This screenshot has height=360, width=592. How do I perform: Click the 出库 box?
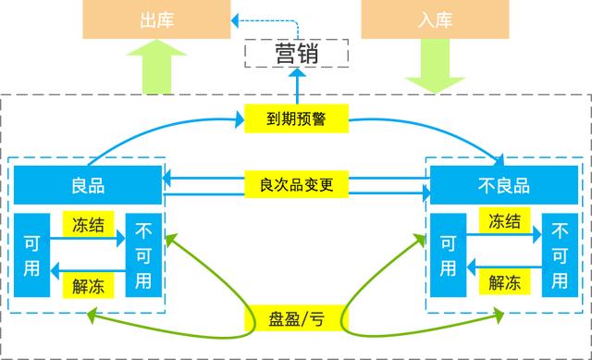[156, 19]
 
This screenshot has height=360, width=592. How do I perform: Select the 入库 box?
[434, 19]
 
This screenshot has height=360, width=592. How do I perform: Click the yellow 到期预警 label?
[297, 119]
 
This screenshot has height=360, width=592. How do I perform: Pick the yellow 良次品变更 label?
[297, 184]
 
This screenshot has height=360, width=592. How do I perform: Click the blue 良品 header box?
[88, 185]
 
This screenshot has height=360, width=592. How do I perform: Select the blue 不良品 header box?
[503, 185]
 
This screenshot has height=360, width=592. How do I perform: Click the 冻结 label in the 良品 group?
[88, 223]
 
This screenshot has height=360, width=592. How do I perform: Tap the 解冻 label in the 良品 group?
[88, 286]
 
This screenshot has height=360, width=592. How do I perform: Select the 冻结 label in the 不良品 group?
[503, 223]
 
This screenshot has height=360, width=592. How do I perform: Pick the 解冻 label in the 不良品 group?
[503, 286]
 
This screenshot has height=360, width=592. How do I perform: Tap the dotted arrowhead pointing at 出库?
[237, 18]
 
